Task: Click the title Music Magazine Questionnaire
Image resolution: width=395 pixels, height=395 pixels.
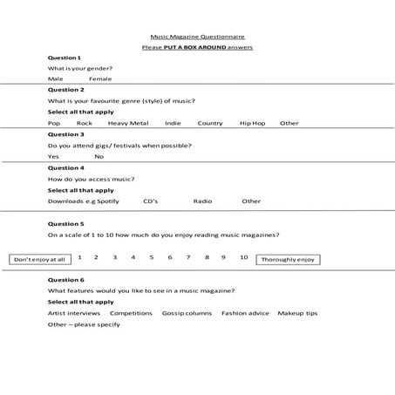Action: [197, 37]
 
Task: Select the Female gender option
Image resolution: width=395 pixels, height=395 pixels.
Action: [100, 78]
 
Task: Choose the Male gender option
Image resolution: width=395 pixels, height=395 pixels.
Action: [56, 78]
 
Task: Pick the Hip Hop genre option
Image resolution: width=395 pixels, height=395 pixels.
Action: [252, 123]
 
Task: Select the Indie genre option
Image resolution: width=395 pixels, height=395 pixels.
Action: [173, 123]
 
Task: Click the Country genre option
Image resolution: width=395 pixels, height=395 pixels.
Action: [210, 123]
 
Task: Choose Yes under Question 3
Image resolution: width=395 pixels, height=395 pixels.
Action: [53, 156]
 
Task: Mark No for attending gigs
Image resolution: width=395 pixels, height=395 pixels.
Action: [99, 156]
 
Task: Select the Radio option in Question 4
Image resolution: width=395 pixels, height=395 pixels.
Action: [202, 201]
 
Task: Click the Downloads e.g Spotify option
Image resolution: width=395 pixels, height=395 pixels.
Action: [83, 201]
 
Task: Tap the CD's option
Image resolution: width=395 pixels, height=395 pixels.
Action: [150, 201]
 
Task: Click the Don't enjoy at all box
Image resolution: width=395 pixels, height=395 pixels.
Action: [40, 259]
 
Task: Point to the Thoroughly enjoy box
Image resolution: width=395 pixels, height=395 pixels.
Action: [288, 259]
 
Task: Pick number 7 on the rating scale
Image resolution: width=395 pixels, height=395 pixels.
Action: [188, 257]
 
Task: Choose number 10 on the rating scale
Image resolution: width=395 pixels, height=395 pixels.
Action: [243, 257]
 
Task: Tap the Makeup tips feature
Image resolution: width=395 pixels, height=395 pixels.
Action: [298, 312]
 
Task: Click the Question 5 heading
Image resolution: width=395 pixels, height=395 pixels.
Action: [65, 223]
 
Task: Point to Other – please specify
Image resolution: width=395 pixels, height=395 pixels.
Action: [84, 324]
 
